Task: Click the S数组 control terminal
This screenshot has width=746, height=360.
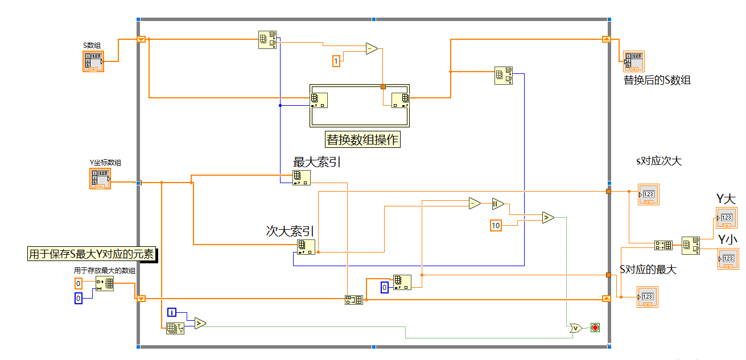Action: (93, 61)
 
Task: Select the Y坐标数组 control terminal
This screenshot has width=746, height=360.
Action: (100, 179)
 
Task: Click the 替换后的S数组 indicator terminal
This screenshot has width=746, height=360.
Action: (634, 61)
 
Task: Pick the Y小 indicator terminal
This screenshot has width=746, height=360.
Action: (727, 258)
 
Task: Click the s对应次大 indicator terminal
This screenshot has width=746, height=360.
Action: (648, 195)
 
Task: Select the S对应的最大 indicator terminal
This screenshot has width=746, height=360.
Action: (647, 297)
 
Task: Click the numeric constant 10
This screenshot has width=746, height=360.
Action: (496, 226)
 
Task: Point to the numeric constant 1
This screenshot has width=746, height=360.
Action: (336, 60)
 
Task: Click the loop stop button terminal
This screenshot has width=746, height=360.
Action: (595, 328)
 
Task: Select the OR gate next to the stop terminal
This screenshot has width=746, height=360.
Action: (575, 328)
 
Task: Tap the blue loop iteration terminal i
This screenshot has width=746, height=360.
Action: (172, 312)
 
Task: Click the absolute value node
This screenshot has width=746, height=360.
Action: (498, 204)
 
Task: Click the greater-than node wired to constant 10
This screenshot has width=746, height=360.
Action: (547, 217)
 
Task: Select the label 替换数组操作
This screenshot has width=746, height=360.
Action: (362, 139)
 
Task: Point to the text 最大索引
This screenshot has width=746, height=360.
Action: (316, 162)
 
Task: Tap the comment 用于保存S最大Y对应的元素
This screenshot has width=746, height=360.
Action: (92, 254)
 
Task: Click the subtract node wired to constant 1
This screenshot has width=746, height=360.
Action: (371, 48)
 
